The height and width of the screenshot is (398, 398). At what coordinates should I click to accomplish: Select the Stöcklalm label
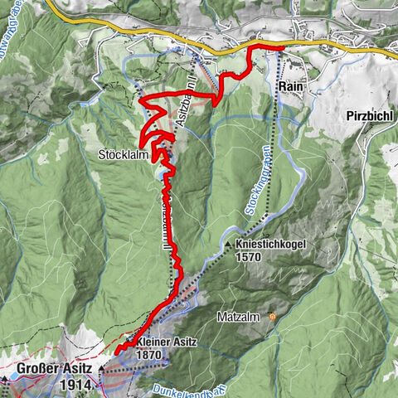click(123, 154)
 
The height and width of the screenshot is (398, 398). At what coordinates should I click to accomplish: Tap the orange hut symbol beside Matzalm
click(273, 316)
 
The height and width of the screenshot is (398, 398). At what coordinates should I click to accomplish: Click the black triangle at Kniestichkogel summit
click(227, 245)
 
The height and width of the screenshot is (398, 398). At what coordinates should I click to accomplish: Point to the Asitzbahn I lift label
click(187, 111)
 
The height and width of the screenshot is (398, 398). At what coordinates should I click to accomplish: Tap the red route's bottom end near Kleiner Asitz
click(117, 352)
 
